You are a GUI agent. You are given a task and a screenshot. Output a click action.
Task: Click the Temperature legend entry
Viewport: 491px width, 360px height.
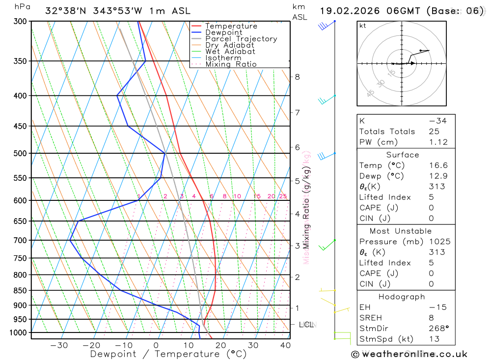[x=231, y=26]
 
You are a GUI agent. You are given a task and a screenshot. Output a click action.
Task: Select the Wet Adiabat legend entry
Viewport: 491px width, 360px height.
[x=230, y=52]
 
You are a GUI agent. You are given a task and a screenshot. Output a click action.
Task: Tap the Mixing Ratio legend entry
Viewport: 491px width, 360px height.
[x=231, y=64]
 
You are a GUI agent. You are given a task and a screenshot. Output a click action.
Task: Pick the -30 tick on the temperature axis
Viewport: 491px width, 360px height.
[x=59, y=345]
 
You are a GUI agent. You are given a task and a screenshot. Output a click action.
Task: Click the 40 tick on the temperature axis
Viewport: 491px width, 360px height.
[x=285, y=345]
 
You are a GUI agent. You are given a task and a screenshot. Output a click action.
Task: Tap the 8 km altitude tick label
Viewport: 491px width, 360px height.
[x=297, y=77]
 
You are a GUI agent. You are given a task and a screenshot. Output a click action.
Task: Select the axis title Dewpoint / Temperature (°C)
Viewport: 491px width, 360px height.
[x=168, y=354]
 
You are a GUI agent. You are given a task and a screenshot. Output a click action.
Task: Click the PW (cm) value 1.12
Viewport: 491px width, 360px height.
[x=438, y=142]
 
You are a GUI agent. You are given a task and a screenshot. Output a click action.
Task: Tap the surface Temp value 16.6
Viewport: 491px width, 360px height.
[x=438, y=166]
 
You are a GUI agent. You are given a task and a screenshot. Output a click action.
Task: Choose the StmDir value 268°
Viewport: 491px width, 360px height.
[x=438, y=329]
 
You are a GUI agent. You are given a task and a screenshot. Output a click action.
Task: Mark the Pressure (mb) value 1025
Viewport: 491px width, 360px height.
[x=438, y=242]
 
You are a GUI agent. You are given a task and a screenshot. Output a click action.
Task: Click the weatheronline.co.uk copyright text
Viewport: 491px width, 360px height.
[x=409, y=354]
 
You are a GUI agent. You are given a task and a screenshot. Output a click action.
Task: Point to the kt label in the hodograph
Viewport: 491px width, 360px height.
[x=363, y=26]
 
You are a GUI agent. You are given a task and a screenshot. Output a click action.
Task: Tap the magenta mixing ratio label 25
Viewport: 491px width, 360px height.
[x=283, y=196]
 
